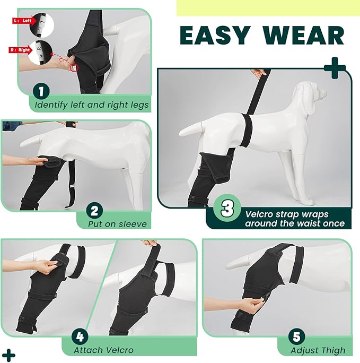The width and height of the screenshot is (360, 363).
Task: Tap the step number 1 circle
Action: coord(41,92)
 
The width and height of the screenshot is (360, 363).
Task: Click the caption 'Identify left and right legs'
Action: coord(91,105)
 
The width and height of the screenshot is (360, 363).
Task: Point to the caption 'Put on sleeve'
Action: coord(117,224)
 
